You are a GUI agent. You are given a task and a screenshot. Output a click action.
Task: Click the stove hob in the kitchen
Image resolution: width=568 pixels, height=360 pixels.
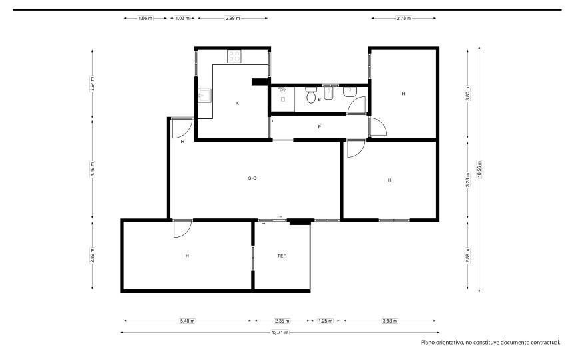234,57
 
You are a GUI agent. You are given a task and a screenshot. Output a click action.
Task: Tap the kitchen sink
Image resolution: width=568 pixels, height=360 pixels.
204,96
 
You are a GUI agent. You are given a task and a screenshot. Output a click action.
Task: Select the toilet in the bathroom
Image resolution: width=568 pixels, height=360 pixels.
311,95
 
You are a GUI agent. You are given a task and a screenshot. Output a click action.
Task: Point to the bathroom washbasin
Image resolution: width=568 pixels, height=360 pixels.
350,92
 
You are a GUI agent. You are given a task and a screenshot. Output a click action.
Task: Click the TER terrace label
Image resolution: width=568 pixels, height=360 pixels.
282,256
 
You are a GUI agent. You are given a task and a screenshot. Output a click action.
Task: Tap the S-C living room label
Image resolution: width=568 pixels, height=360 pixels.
252,178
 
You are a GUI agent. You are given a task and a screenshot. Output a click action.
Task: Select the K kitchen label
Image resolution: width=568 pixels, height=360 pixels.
238,103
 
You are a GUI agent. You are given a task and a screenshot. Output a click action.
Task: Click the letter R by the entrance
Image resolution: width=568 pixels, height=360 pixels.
182,142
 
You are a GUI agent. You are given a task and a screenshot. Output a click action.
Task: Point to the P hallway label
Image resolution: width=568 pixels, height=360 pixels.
319,126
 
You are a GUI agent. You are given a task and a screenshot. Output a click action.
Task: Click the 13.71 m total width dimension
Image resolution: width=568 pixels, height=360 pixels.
280,333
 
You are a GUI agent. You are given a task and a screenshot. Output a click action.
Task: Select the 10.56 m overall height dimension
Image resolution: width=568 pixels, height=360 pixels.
479,169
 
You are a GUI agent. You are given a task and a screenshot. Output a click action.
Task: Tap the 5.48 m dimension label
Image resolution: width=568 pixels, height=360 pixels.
187,321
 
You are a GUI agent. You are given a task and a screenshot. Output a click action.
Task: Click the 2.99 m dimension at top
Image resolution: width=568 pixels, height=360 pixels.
232,18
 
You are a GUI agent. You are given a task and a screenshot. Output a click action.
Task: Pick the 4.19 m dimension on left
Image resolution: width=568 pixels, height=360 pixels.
93,169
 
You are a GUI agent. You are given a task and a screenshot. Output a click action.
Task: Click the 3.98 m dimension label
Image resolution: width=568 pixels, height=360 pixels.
390,321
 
